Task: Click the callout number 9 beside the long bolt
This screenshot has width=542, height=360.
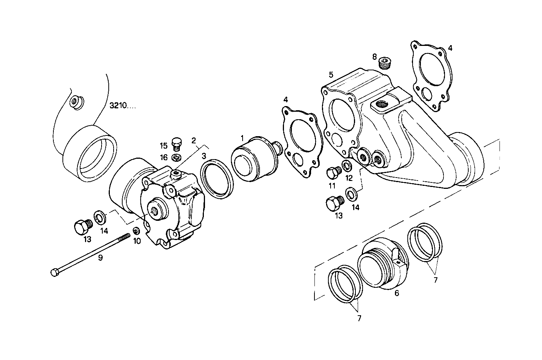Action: coord(100,257)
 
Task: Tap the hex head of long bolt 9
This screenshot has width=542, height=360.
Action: coord(55,272)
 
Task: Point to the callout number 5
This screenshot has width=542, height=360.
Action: coord(331,74)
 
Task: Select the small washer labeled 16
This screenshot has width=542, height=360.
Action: coord(176,156)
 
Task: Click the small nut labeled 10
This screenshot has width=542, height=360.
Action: coord(137,231)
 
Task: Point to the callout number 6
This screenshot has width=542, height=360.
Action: coord(396,293)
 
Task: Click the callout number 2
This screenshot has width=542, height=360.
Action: coord(193,141)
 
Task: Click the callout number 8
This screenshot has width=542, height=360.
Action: coord(374,57)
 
